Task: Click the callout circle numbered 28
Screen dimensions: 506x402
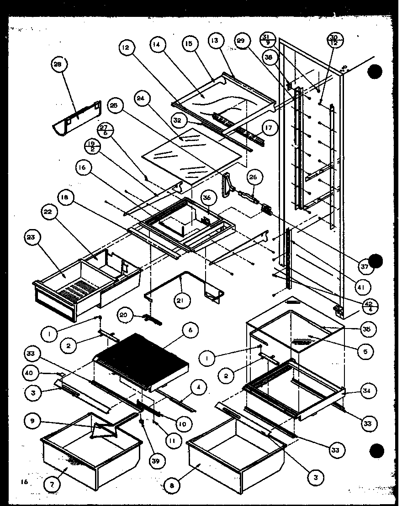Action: [58, 64]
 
